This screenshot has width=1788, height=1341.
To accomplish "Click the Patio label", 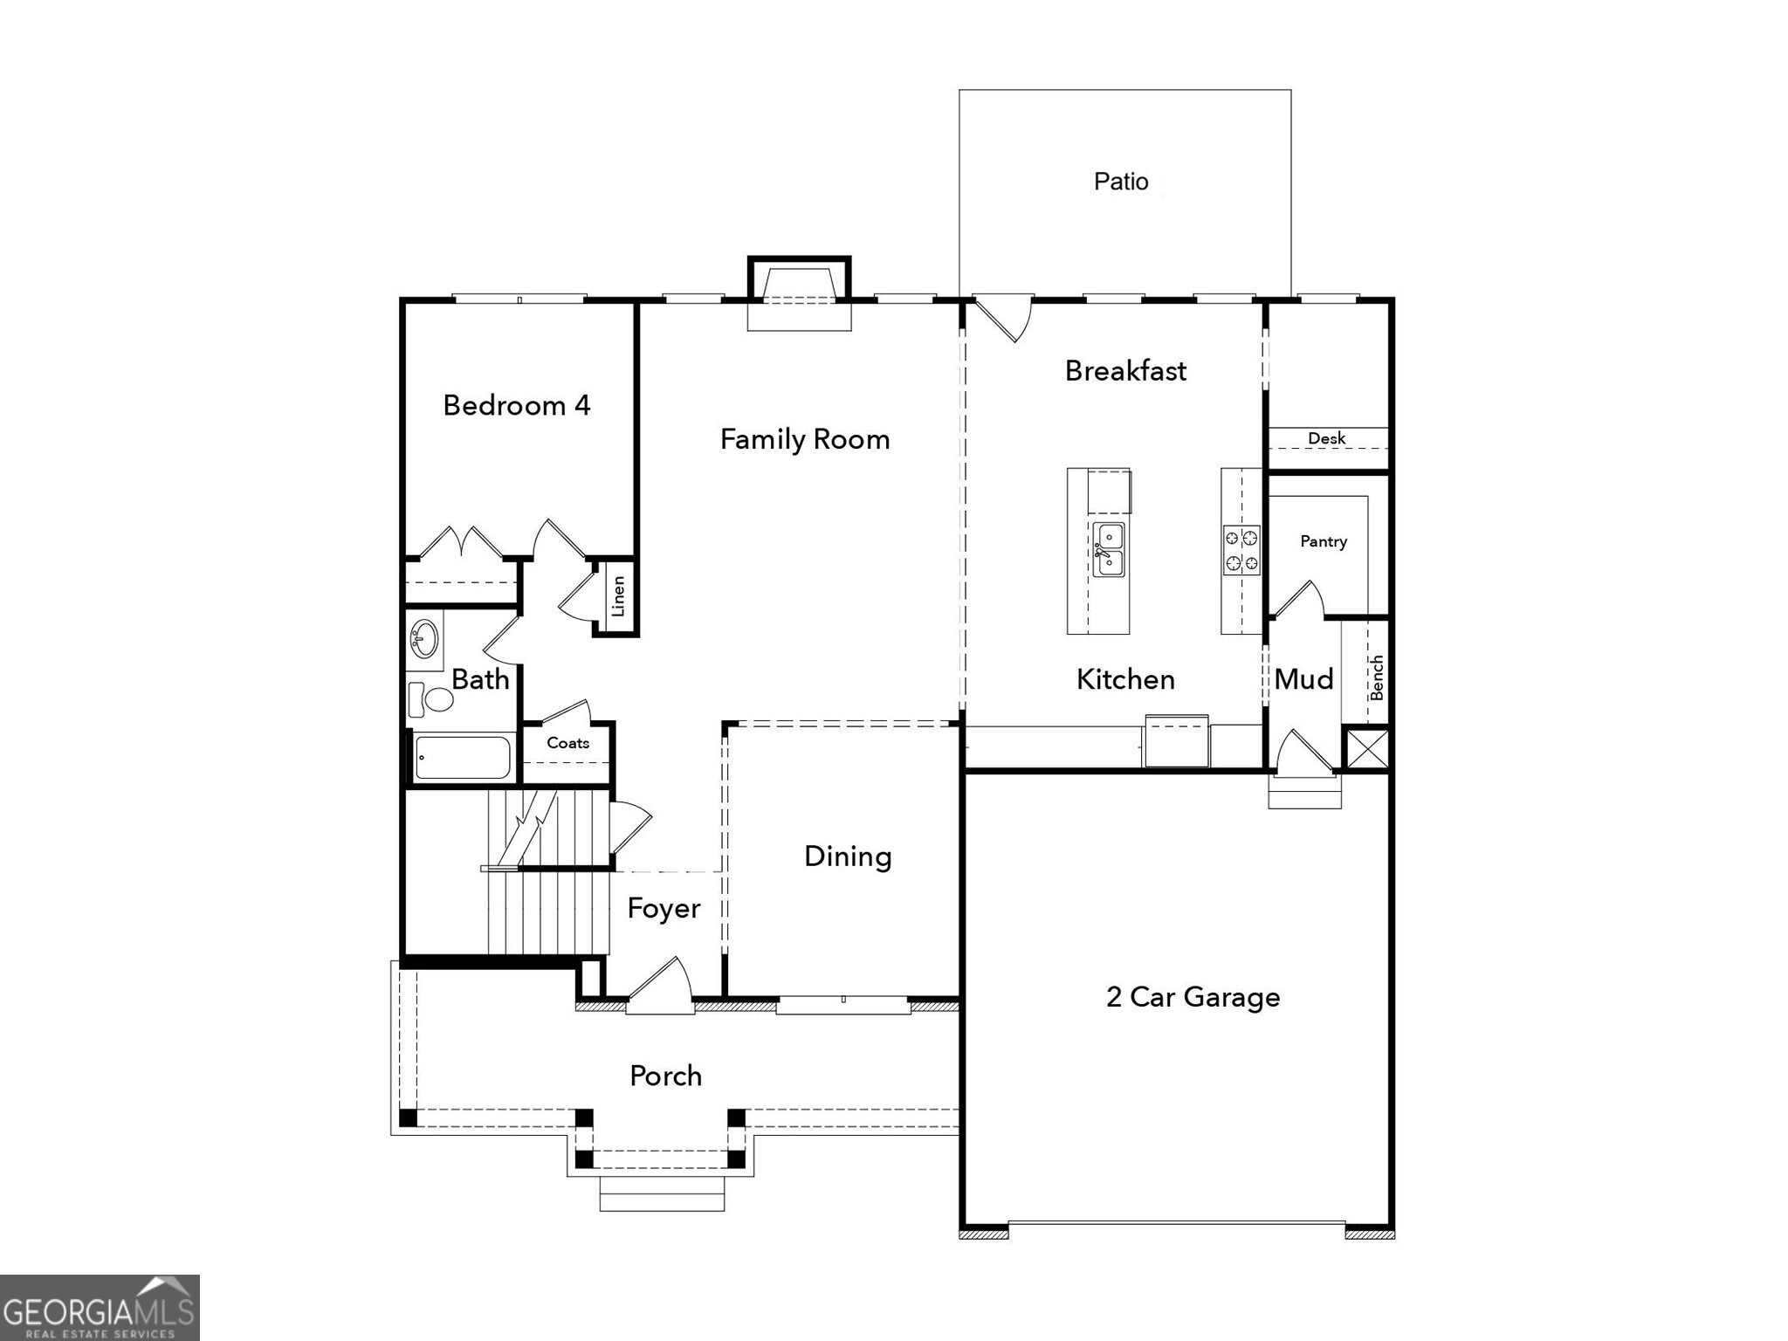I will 1121,182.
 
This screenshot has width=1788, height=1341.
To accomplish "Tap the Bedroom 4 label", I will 517,405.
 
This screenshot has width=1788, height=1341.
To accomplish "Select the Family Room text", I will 805,439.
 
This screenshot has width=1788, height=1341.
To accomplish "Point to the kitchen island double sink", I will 1109,550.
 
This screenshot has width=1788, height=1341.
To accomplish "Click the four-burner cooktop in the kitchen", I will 1241,550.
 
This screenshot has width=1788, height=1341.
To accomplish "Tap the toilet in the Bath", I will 431,699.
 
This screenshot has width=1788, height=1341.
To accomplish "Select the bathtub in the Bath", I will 463,757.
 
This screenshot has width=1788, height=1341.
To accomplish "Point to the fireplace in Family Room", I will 799,293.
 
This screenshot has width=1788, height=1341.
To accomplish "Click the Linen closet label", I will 618,596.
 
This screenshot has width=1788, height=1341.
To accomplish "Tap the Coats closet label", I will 567,743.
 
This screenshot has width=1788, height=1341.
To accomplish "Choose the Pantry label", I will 1323,541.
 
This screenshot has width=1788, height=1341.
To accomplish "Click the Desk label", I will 1326,438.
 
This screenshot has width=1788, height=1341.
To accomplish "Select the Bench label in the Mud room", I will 1377,677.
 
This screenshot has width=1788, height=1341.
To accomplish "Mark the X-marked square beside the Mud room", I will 1367,749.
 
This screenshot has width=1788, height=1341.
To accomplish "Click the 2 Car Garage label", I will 1193,997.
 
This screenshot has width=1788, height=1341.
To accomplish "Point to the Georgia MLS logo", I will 99,1307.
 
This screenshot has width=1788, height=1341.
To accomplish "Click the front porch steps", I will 662,1193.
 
